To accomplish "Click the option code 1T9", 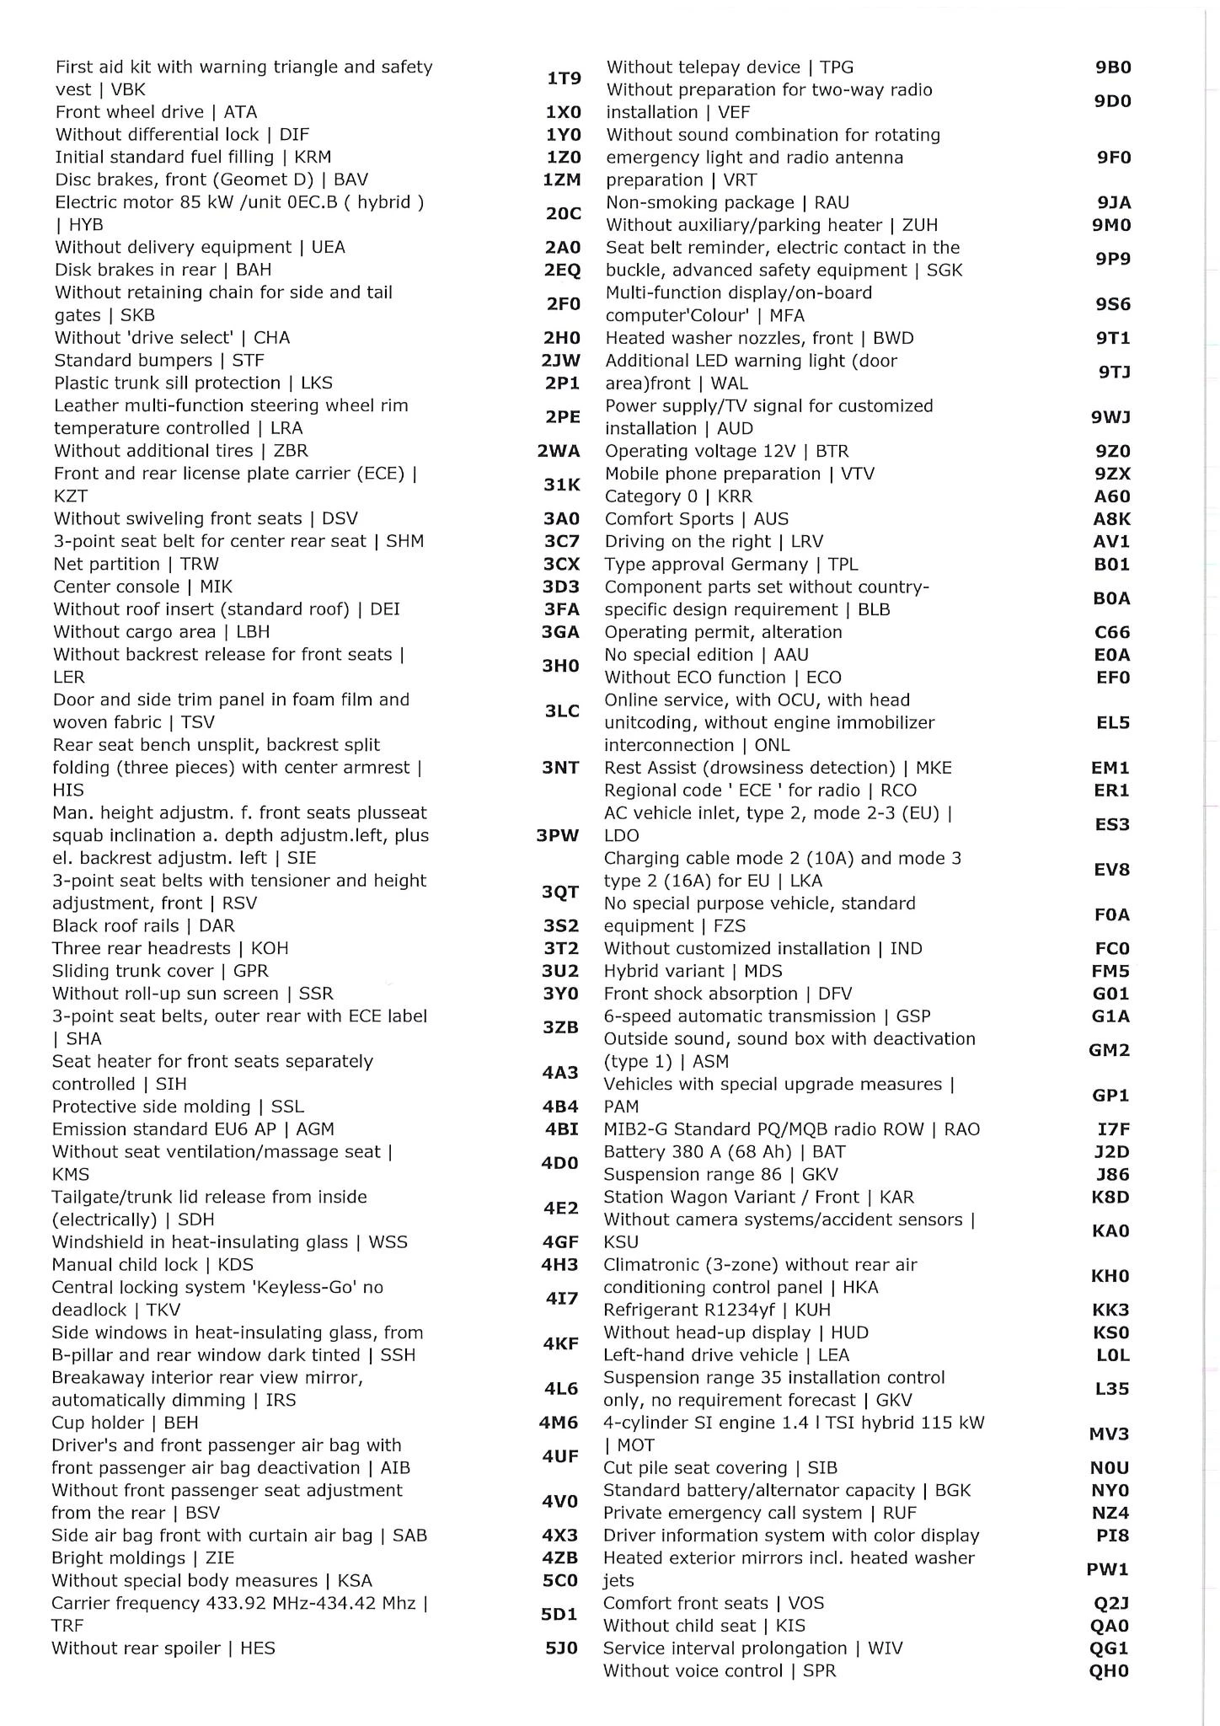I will click(564, 78).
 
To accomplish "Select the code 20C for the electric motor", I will click(563, 213).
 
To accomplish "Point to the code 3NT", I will click(560, 767).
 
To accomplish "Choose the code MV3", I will click(1110, 1434).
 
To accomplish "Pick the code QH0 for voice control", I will click(1109, 1670).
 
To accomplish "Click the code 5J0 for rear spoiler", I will click(561, 1648).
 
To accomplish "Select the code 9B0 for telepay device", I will click(1112, 67).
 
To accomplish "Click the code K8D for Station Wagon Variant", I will click(1110, 1197).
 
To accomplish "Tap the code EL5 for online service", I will click(1112, 722).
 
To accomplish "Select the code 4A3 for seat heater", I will click(560, 1072).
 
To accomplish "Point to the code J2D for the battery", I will click(1111, 1151).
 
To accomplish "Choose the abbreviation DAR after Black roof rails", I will click(217, 925).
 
